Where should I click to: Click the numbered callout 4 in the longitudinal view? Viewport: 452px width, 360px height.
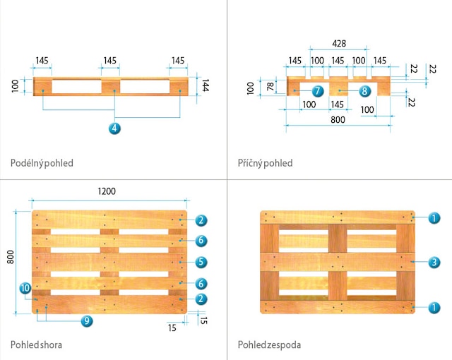pyautogui.click(x=114, y=128)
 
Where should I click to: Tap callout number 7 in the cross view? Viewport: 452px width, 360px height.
pyautogui.click(x=317, y=90)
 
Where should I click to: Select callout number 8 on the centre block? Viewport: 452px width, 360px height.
pyautogui.click(x=364, y=90)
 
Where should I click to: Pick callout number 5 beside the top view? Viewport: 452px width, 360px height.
pyautogui.click(x=201, y=262)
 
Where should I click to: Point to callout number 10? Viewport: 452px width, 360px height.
pyautogui.click(x=25, y=288)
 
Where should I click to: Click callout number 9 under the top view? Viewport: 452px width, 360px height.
pyautogui.click(x=86, y=320)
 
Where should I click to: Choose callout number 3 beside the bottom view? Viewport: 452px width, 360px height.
pyautogui.click(x=435, y=262)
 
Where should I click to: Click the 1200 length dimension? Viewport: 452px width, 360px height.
pyautogui.click(x=107, y=191)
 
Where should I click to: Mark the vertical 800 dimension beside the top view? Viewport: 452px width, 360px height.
pyautogui.click(x=11, y=258)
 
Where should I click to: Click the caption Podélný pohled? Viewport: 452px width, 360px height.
pyautogui.click(x=42, y=163)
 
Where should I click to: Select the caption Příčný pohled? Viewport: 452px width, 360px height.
pyautogui.click(x=265, y=163)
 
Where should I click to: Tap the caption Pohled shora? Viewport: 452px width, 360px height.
pyautogui.click(x=36, y=345)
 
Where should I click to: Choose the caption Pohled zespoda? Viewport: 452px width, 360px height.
pyautogui.click(x=270, y=345)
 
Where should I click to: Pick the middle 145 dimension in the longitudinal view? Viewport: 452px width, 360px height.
pyautogui.click(x=109, y=61)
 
